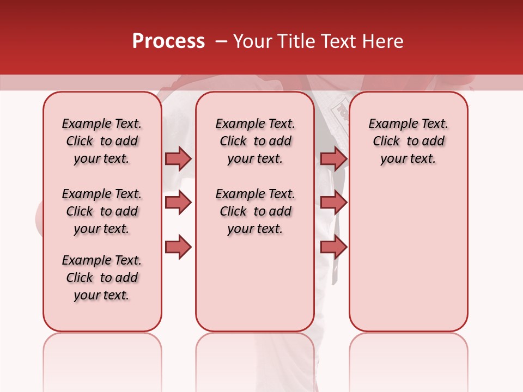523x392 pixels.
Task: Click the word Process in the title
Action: pos(168,41)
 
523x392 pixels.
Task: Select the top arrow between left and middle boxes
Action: pos(178,158)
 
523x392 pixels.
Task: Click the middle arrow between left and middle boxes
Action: pos(178,203)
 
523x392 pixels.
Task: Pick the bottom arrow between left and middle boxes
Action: pos(178,247)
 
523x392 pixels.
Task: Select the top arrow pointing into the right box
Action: pos(333,158)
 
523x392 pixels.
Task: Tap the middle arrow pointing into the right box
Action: pos(333,203)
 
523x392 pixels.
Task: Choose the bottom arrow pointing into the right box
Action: pos(333,247)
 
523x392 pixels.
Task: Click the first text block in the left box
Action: pos(102,141)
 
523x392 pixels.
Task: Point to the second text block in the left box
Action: pos(102,211)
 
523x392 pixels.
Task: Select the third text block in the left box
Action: pos(102,278)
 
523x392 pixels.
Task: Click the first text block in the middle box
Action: pos(255,141)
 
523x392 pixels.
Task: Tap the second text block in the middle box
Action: pos(255,211)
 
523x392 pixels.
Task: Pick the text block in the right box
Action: pos(408,141)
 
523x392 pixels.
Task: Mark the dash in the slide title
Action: pos(221,41)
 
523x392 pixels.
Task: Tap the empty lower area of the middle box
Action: pos(255,283)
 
